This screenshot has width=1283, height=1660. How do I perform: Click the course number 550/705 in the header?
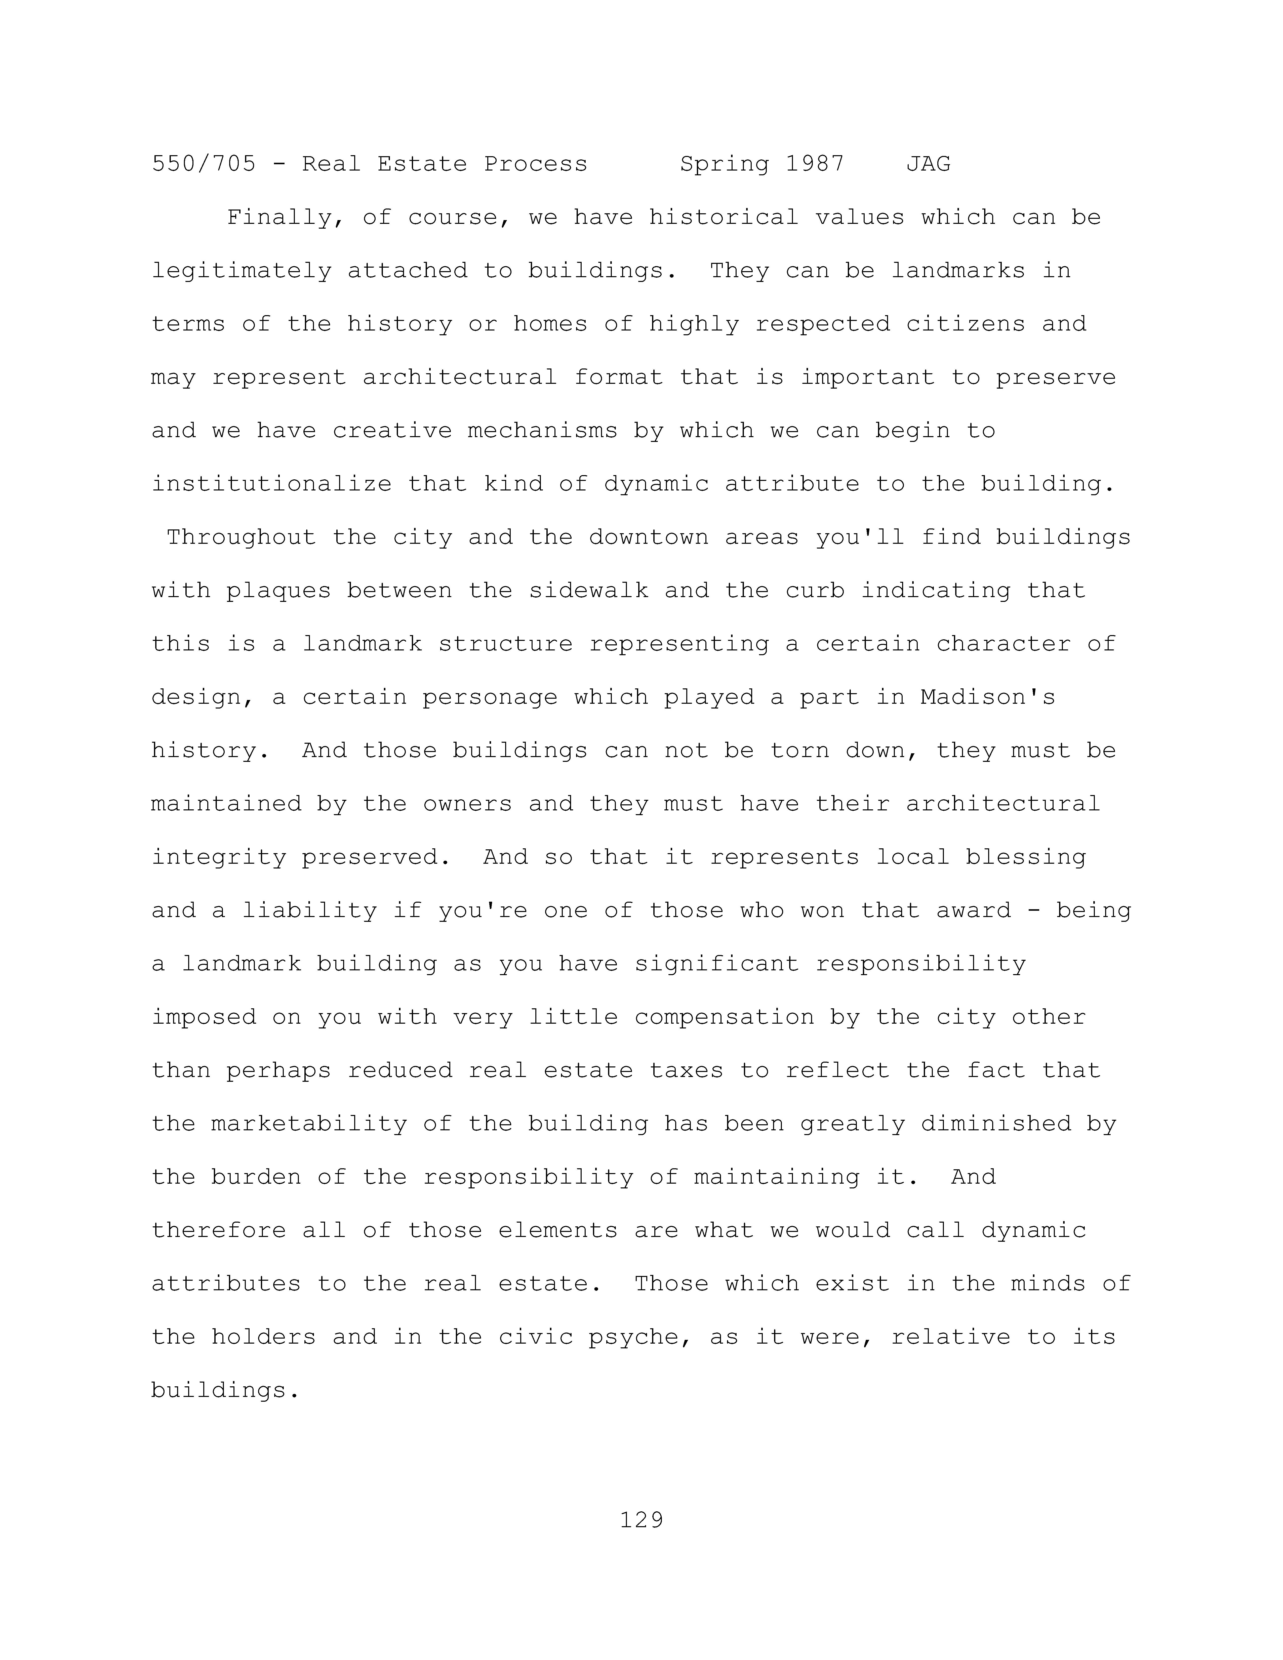(204, 164)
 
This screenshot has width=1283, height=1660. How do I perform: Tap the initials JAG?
(928, 164)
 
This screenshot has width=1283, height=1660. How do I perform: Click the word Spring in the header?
(724, 164)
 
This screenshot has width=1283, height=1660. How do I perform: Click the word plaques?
(279, 591)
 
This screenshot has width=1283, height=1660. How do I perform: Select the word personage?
(490, 698)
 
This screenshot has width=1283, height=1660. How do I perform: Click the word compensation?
(724, 1017)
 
